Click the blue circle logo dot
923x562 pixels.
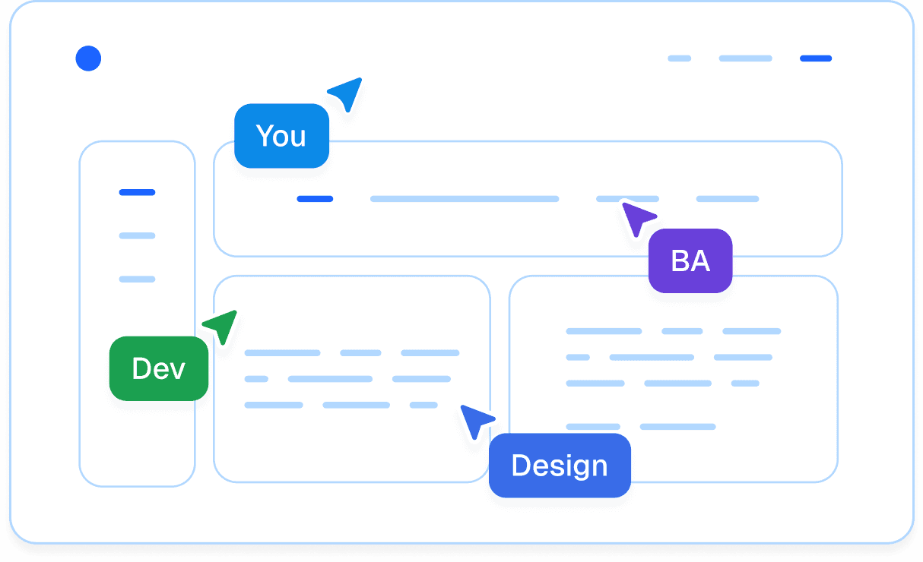pyautogui.click(x=88, y=58)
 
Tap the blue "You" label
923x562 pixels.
pyautogui.click(x=281, y=136)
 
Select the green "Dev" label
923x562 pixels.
pyautogui.click(x=159, y=368)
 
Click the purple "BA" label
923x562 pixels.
pyautogui.click(x=690, y=261)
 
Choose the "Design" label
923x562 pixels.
pyautogui.click(x=560, y=466)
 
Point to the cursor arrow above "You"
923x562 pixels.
pyautogui.click(x=347, y=93)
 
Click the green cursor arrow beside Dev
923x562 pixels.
pyautogui.click(x=222, y=325)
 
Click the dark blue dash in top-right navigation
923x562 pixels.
pyautogui.click(x=816, y=58)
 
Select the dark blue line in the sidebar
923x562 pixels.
pyautogui.click(x=137, y=192)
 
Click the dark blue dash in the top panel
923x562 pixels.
pyautogui.click(x=315, y=199)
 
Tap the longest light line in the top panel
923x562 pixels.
pyautogui.click(x=465, y=199)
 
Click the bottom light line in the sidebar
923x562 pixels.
pyautogui.click(x=137, y=279)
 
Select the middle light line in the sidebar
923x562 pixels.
pyautogui.click(x=137, y=235)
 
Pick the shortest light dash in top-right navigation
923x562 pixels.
pyautogui.click(x=679, y=58)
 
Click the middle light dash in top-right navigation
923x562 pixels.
pyautogui.click(x=745, y=58)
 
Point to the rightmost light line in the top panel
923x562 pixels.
pyautogui.click(x=728, y=199)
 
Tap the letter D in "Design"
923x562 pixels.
pyautogui.click(x=520, y=466)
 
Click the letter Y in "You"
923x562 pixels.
pyautogui.click(x=265, y=136)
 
